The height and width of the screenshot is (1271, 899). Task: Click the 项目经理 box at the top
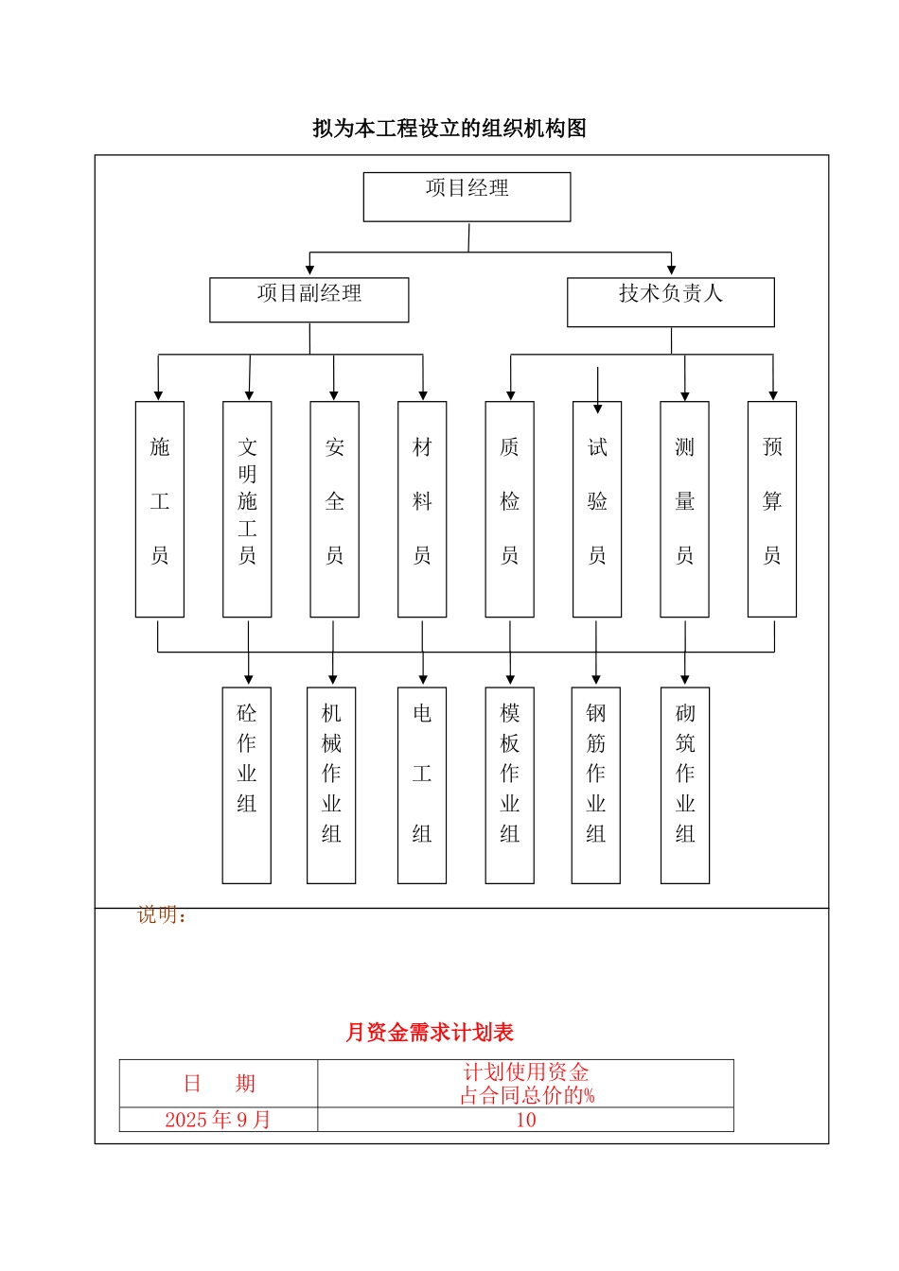tap(467, 197)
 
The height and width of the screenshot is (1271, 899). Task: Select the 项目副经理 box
tap(309, 300)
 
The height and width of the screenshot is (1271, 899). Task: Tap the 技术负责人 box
tap(670, 302)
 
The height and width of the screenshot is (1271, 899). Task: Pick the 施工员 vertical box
tap(160, 509)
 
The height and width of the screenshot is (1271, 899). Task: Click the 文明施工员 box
tap(247, 509)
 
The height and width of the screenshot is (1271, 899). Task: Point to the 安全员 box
tap(334, 509)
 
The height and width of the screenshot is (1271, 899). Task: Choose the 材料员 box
tap(422, 509)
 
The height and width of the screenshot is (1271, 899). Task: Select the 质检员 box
tap(509, 509)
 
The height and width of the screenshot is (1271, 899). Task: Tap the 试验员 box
tap(597, 509)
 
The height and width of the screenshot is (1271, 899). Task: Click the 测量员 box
tap(684, 509)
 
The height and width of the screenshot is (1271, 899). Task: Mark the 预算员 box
tap(772, 509)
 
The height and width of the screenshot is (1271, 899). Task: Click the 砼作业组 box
tap(247, 785)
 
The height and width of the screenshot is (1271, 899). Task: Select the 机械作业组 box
tap(331, 785)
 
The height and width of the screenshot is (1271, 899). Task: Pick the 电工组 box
tap(422, 785)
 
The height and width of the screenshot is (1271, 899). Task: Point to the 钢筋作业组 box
tap(596, 785)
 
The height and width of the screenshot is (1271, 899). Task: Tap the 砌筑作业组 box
tap(685, 785)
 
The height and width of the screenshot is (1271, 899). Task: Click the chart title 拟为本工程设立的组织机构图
tap(449, 129)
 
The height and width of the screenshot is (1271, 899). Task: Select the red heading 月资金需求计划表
tap(430, 1033)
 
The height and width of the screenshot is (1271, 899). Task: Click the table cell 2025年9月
tap(218, 1120)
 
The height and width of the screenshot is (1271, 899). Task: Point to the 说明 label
tap(162, 915)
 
